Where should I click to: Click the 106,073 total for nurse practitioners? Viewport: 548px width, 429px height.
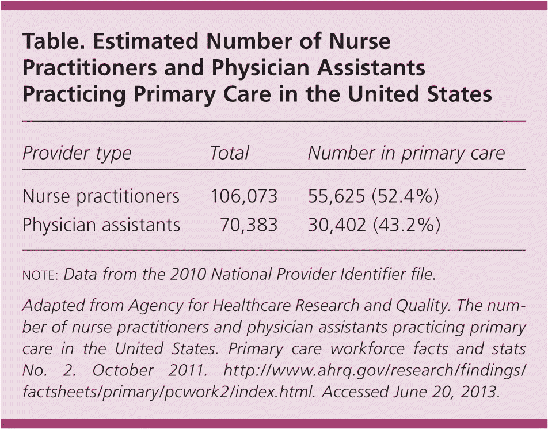tap(244, 196)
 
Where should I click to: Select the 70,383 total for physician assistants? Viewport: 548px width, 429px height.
tap(249, 225)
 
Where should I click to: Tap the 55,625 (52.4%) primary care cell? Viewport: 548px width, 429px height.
tap(374, 196)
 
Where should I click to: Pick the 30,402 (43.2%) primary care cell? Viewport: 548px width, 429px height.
tap(374, 225)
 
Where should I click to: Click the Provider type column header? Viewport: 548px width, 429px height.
tap(77, 153)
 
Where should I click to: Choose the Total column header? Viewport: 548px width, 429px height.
tap(229, 153)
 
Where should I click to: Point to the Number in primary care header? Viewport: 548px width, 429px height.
tap(406, 153)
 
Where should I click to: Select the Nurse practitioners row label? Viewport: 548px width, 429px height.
tap(101, 196)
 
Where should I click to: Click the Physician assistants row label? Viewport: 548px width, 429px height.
tap(101, 225)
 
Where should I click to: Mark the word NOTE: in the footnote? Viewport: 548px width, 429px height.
tap(40, 275)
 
